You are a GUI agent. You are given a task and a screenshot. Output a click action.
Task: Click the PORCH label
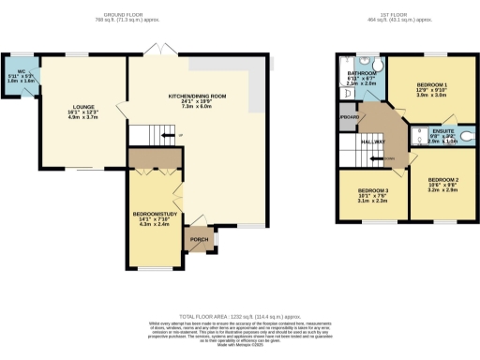(x=200, y=239)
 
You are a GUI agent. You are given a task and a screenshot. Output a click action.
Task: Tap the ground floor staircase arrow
(x=168, y=137)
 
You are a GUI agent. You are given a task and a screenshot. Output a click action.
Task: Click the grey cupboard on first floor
(x=349, y=117)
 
